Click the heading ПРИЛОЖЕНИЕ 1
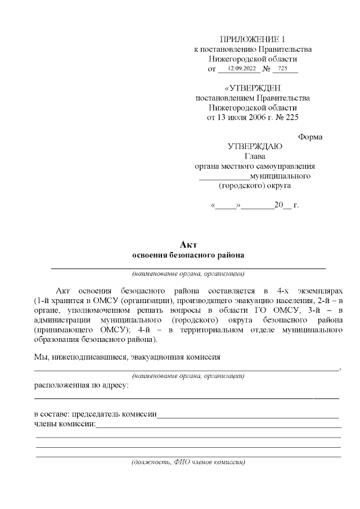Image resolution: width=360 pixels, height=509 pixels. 252,39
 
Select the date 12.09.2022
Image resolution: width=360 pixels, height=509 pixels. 238,69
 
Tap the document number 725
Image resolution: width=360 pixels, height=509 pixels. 282,69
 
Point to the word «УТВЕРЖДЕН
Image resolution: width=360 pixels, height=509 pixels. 252,88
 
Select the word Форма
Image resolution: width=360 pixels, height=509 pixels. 310,137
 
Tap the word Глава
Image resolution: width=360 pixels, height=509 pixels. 255,156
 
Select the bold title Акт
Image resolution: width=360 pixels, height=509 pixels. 188,245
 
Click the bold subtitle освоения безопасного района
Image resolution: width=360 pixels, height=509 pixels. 188,255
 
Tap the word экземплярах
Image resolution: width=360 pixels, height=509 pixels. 319,290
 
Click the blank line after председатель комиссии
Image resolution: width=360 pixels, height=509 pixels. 247,416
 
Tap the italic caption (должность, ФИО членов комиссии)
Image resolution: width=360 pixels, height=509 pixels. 188,462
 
